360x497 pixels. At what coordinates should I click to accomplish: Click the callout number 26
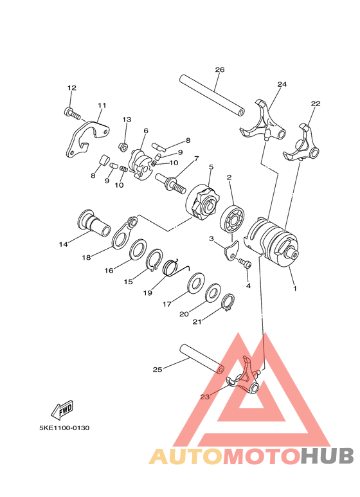220,69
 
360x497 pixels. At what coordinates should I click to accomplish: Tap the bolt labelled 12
72,113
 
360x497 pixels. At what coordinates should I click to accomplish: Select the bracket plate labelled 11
86,137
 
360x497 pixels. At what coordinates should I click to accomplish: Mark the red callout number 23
204,397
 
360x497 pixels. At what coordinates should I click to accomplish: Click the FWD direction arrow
64,408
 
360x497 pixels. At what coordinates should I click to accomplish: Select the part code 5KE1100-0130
63,428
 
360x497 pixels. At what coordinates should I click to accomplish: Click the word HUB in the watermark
327,456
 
